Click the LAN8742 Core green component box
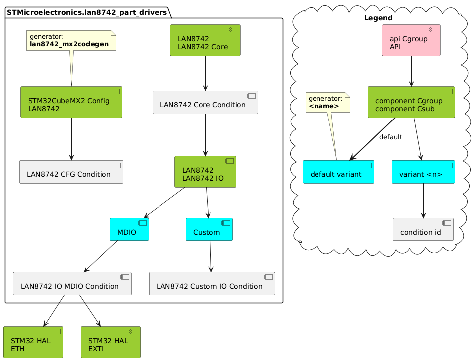click(x=205, y=40)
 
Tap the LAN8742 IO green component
click(x=205, y=172)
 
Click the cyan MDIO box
click(x=129, y=229)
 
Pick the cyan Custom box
click(x=209, y=229)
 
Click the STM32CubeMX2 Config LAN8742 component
click(x=71, y=102)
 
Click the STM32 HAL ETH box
click(x=33, y=342)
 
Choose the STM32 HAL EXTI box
click(x=111, y=342)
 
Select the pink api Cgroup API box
click(x=411, y=40)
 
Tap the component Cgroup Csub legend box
click(x=411, y=102)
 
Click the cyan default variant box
click(x=338, y=172)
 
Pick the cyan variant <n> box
click(x=423, y=172)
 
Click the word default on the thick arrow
click(x=390, y=137)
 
